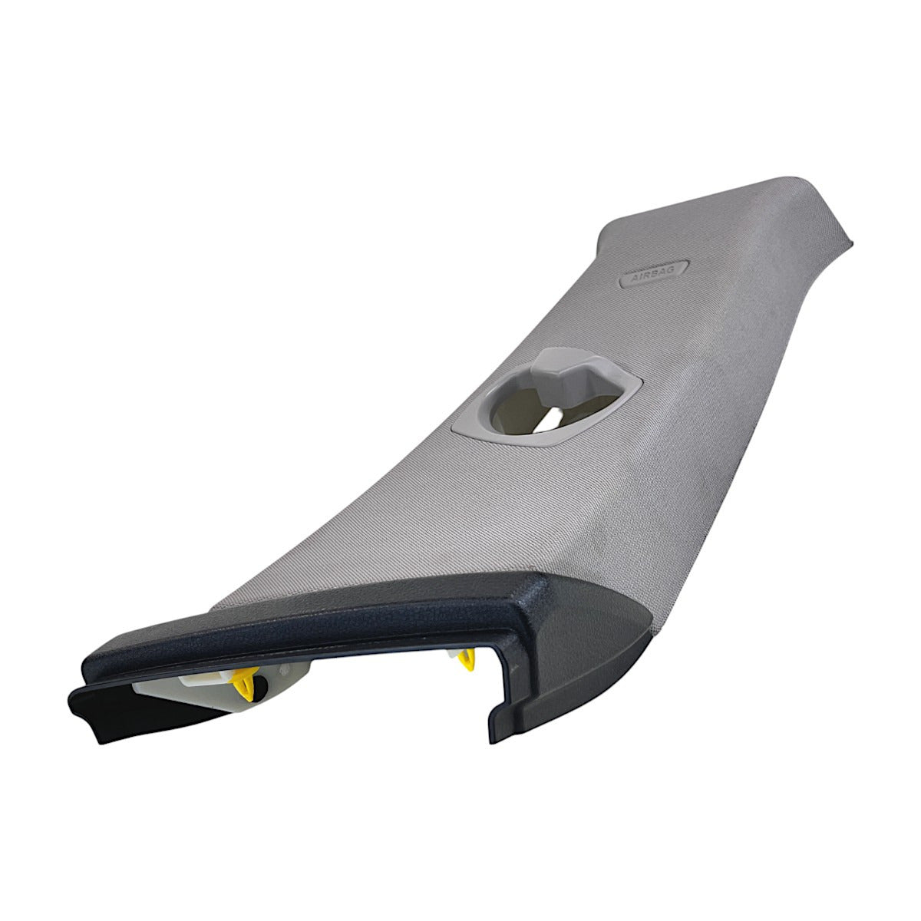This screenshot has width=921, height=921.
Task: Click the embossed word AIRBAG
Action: coord(653,275)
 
